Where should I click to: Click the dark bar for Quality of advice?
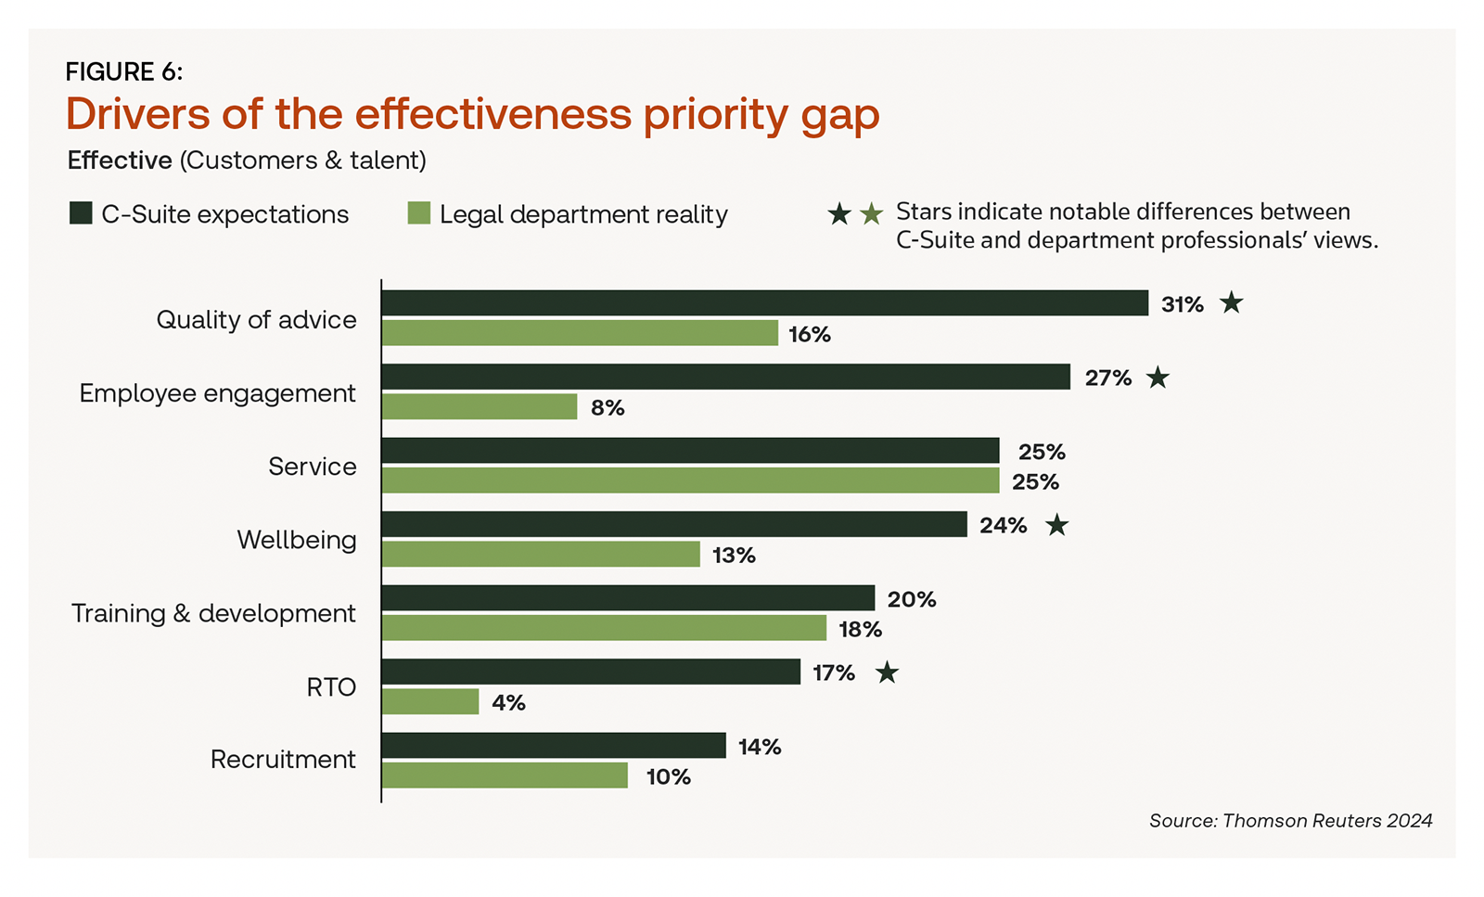(x=764, y=303)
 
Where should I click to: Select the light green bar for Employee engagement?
(x=480, y=407)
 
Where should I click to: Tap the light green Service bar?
(x=690, y=481)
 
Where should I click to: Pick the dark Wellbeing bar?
(x=674, y=525)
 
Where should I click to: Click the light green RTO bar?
(x=430, y=702)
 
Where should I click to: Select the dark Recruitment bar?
(x=554, y=746)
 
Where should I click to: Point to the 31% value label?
(x=1182, y=304)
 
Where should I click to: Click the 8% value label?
(x=608, y=408)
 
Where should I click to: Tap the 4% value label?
(x=508, y=703)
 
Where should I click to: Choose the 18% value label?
(x=860, y=630)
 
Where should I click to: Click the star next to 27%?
(x=1158, y=378)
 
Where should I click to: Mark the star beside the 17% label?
(x=887, y=673)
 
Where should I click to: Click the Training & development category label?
(x=213, y=613)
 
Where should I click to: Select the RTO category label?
(x=331, y=687)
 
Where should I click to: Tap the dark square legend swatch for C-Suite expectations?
(x=81, y=213)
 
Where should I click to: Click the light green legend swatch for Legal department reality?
(x=419, y=213)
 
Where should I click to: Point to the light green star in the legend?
(x=871, y=215)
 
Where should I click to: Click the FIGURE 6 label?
(x=123, y=71)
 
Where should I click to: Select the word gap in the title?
(x=840, y=115)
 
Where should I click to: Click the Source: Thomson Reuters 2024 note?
(x=1290, y=820)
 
